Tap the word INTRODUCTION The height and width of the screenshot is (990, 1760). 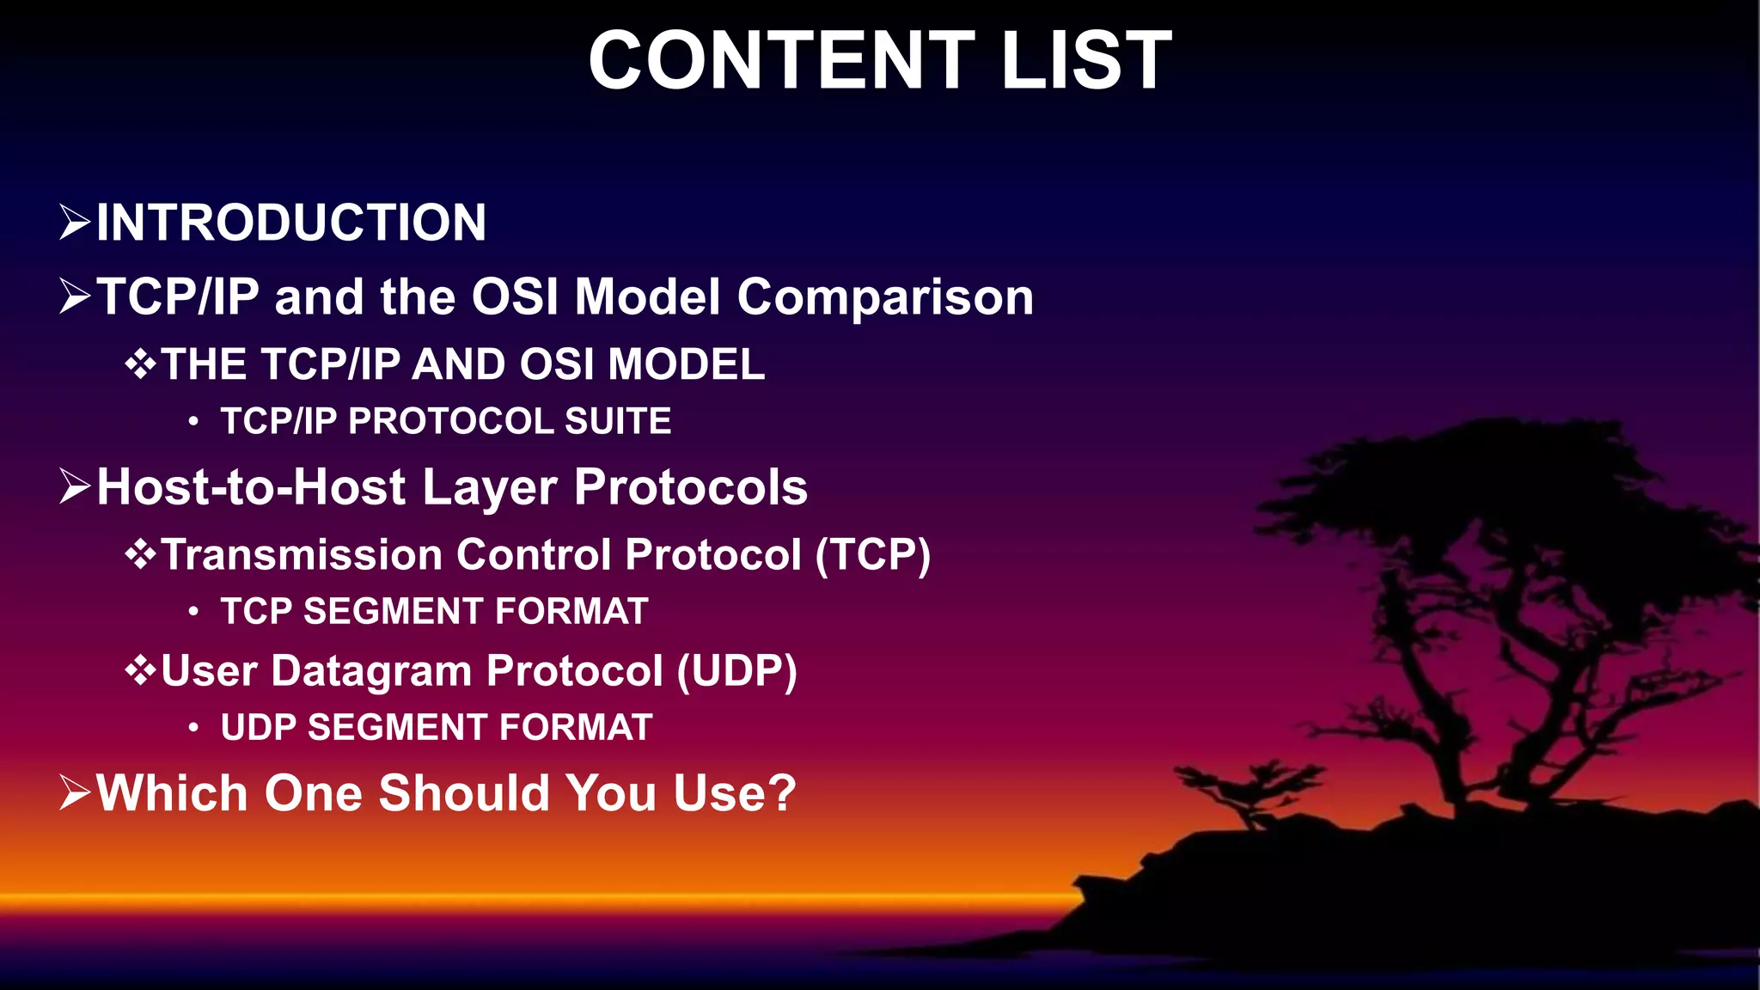pyautogui.click(x=291, y=223)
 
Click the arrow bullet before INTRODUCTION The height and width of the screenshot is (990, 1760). pyautogui.click(x=75, y=223)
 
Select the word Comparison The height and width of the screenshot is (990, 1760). pyautogui.click(x=885, y=297)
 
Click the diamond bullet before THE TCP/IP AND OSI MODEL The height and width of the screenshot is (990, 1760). pyautogui.click(x=141, y=365)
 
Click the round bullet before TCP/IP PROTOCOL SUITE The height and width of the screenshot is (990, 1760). pyautogui.click(x=193, y=422)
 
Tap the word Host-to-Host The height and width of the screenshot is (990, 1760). pyautogui.click(x=251, y=487)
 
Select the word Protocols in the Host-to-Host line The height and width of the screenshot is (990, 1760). pyautogui.click(x=691, y=487)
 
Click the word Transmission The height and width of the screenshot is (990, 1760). pyautogui.click(x=302, y=554)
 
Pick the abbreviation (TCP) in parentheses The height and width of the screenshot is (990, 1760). pyautogui.click(x=872, y=554)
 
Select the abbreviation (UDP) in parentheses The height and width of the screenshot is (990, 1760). pyautogui.click(x=736, y=670)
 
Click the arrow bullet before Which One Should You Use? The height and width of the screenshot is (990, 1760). pyautogui.click(x=75, y=792)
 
